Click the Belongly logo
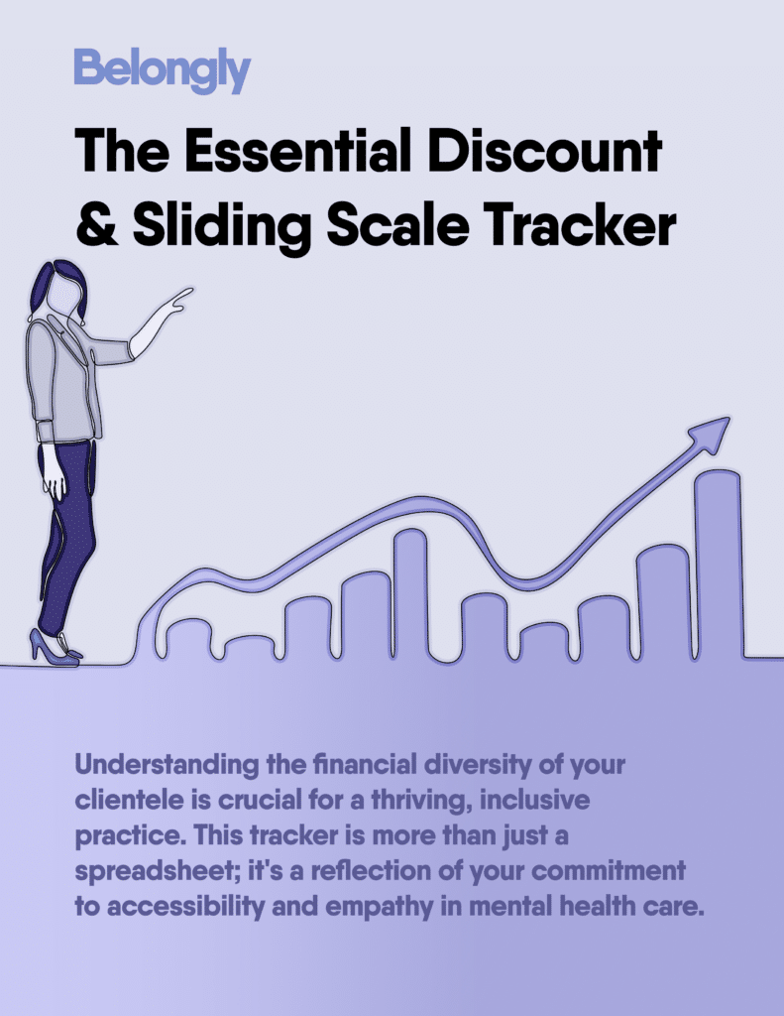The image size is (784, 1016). pos(163,70)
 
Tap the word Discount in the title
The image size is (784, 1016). pos(545,152)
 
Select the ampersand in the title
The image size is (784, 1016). pos(97,224)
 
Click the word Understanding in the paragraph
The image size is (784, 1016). pos(167,765)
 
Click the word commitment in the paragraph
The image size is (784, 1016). pos(609,871)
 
